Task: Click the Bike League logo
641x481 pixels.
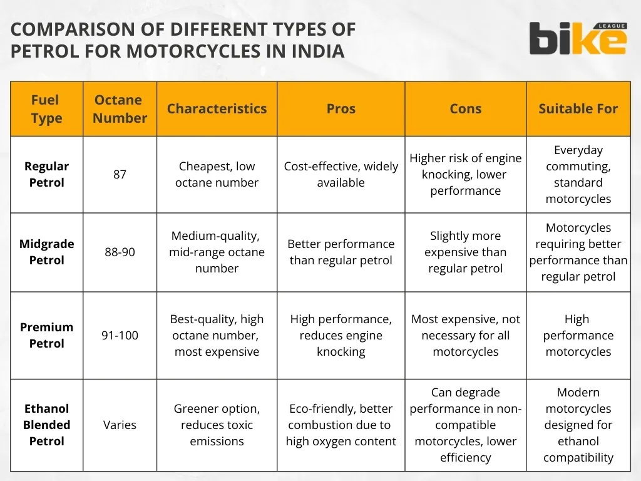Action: (577, 38)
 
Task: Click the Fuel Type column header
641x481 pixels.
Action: (46, 109)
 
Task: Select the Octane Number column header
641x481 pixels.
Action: (120, 109)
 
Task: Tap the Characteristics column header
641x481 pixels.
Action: (217, 109)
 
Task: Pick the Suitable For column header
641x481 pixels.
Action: (578, 109)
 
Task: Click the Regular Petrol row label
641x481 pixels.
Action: (46, 174)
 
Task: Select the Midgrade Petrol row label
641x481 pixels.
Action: (46, 252)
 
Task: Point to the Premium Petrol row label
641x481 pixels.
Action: (46, 335)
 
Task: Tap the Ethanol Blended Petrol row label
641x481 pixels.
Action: (46, 425)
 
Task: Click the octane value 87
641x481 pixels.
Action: (120, 174)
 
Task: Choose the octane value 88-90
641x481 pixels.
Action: (120, 252)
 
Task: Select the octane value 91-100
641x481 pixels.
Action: (120, 335)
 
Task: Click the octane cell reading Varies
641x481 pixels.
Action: (120, 425)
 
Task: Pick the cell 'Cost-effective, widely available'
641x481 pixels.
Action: (341, 174)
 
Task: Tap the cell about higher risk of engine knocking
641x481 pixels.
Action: (465, 174)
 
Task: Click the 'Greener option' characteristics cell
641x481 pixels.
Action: (217, 425)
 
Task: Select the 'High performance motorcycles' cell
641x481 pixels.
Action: (578, 335)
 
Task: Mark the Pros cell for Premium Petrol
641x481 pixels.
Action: (341, 335)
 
